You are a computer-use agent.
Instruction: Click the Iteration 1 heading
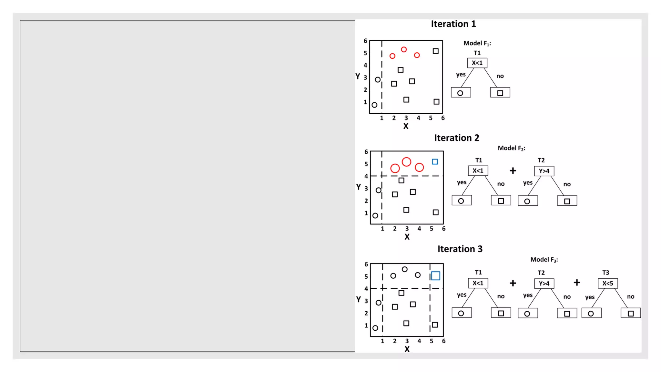(453, 24)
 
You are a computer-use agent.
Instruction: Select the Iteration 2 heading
(456, 138)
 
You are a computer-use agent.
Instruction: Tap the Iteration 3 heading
(460, 249)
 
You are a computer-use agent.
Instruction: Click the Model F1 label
(477, 43)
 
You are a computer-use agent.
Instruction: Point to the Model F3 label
(544, 260)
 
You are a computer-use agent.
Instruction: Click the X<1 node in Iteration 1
(477, 63)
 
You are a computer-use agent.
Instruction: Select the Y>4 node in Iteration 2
(544, 171)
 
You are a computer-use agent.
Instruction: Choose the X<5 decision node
(607, 284)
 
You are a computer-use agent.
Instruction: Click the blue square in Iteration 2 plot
(435, 162)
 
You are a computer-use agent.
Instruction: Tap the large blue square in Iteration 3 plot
(435, 276)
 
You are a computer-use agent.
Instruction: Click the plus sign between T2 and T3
(577, 283)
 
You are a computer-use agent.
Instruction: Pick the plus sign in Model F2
(513, 171)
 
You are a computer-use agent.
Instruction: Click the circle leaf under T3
(591, 313)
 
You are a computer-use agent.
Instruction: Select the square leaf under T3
(631, 313)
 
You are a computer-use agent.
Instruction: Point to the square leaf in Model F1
(500, 93)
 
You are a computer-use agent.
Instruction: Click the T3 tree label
(605, 273)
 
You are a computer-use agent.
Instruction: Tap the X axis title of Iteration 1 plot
(406, 126)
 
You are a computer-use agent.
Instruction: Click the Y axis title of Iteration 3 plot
(358, 299)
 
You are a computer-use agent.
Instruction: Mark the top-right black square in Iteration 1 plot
(435, 51)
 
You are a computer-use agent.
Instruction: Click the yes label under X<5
(590, 297)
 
